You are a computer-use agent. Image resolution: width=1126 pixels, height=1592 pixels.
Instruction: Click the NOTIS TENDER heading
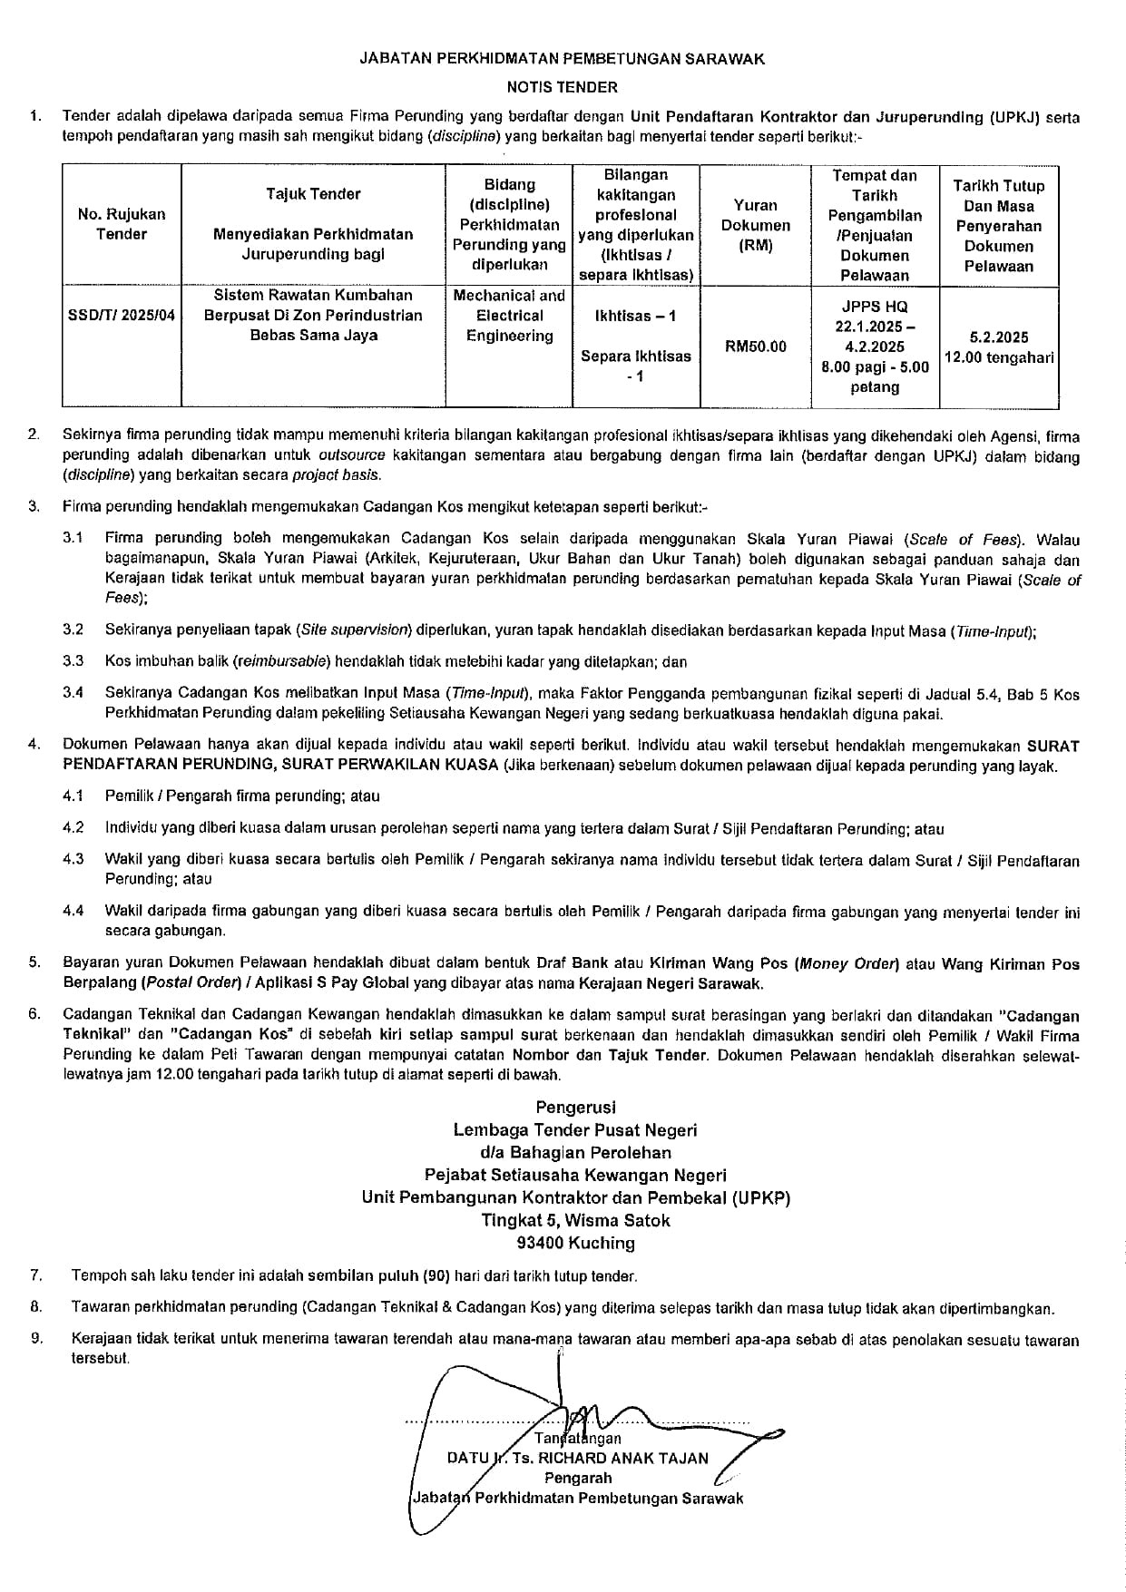tap(562, 88)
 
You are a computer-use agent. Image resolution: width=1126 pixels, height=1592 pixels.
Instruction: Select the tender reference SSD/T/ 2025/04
tap(122, 316)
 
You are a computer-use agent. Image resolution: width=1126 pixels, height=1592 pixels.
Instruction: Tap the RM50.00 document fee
tap(755, 347)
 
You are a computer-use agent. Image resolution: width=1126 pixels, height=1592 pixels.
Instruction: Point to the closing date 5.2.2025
tap(998, 337)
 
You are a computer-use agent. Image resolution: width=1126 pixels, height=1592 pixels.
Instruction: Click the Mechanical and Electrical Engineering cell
tap(509, 316)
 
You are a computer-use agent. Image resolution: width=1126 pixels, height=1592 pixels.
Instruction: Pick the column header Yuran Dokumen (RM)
tap(755, 225)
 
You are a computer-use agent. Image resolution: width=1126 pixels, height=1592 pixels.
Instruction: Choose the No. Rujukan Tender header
tap(122, 224)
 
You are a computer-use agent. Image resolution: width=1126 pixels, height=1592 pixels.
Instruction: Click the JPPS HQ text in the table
tap(875, 307)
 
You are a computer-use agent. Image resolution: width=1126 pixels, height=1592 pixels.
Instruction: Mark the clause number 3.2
tap(73, 630)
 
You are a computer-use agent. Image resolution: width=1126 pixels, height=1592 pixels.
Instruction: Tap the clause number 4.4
tap(73, 911)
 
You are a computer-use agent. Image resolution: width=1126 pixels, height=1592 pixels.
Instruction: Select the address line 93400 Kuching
tap(575, 1243)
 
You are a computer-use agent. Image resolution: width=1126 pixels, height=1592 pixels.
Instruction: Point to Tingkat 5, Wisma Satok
tap(575, 1220)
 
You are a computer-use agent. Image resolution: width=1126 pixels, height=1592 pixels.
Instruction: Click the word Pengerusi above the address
tap(575, 1107)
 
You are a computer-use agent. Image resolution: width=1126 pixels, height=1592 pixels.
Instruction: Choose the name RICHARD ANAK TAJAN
tap(623, 1459)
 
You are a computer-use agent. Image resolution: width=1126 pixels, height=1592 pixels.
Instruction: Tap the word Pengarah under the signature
tap(578, 1478)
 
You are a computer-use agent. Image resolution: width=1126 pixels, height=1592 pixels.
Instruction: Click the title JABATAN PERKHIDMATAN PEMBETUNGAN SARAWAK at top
tap(562, 59)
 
